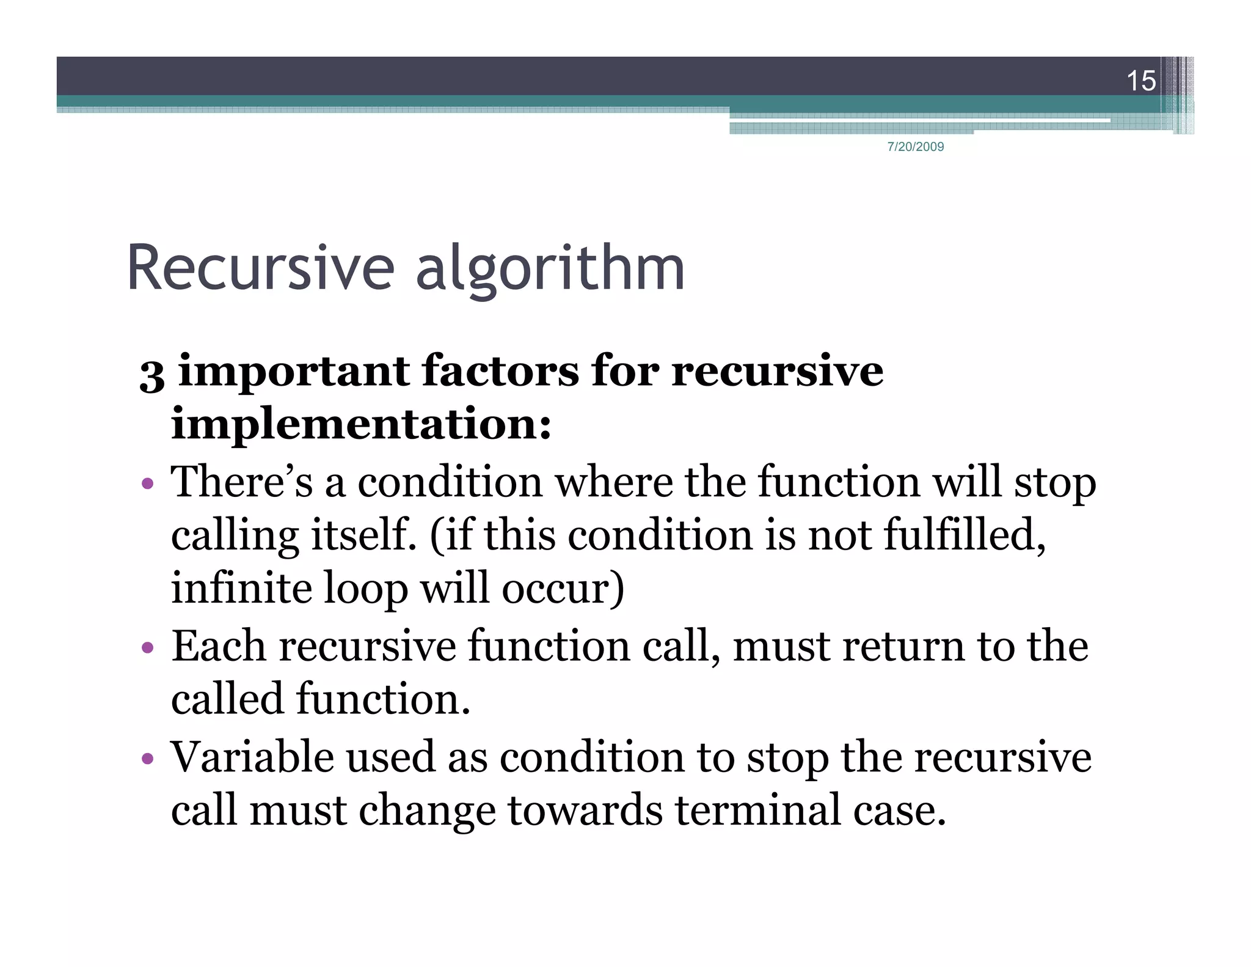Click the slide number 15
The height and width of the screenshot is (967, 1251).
pos(1140,81)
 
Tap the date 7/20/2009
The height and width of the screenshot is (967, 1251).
pos(915,147)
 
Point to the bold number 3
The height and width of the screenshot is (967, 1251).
pos(151,374)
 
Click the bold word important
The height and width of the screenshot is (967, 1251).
pos(293,372)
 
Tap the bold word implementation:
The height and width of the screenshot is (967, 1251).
pos(361,424)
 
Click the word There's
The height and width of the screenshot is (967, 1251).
pos(242,482)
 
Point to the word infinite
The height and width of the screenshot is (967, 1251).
pos(241,587)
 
